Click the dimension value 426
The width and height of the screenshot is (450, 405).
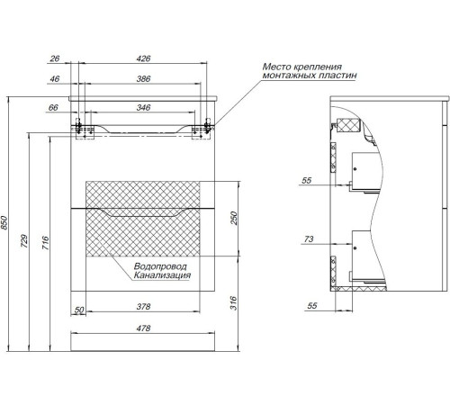click(x=143, y=58)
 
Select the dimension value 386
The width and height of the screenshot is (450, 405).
click(x=143, y=79)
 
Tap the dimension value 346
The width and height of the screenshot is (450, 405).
click(x=143, y=107)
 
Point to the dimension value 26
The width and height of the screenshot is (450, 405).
click(x=55, y=58)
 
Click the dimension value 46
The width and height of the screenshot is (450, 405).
click(x=55, y=79)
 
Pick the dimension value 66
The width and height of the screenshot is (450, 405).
click(x=53, y=107)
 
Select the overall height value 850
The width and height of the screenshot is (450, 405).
click(x=4, y=222)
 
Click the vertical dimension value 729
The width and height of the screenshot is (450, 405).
click(x=24, y=241)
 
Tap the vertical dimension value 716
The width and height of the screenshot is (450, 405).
click(x=45, y=243)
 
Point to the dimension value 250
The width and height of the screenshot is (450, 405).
click(x=234, y=219)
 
